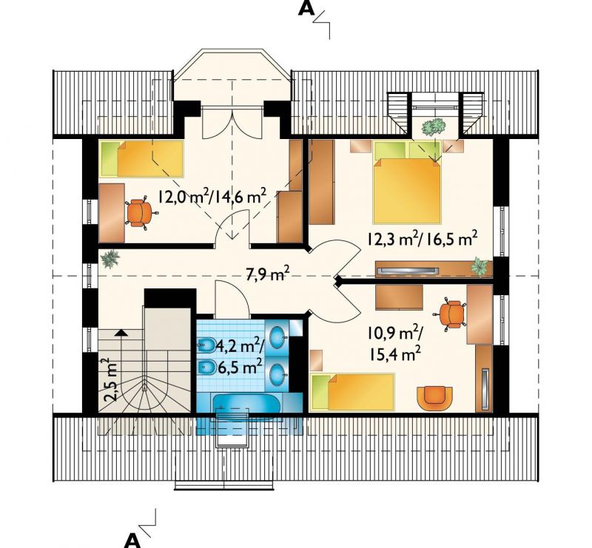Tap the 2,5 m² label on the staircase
click(110, 380)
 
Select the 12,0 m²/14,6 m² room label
click(212, 195)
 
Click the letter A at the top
click(306, 8)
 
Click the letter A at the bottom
click(132, 541)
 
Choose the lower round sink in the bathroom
click(279, 373)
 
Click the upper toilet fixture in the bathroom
click(206, 345)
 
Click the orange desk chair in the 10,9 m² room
click(451, 314)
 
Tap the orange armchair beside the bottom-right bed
click(434, 399)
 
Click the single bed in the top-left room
click(141, 159)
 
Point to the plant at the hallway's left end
click(110, 259)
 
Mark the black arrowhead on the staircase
click(121, 333)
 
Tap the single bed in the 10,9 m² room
click(352, 392)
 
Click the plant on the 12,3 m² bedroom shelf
click(480, 266)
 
